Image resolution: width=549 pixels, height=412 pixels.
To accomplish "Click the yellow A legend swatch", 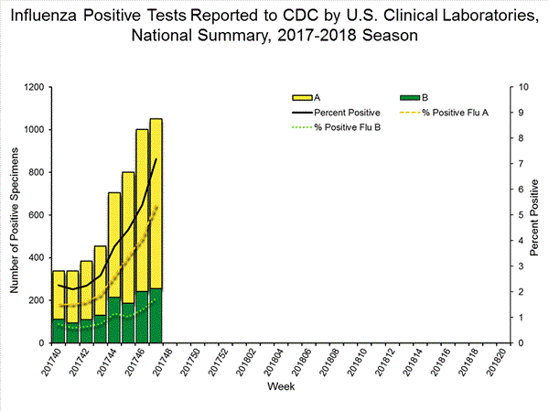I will [299, 97].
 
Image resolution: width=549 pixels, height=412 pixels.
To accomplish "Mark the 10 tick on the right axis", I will [522, 88].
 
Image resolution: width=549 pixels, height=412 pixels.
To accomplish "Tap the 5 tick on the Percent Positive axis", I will [520, 215].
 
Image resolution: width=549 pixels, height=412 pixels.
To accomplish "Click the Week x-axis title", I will [280, 387].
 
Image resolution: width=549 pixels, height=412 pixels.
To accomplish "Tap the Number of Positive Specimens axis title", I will [15, 215].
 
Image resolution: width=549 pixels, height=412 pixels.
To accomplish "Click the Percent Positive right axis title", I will [537, 215].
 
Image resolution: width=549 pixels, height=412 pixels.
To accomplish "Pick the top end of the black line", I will [156, 159].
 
